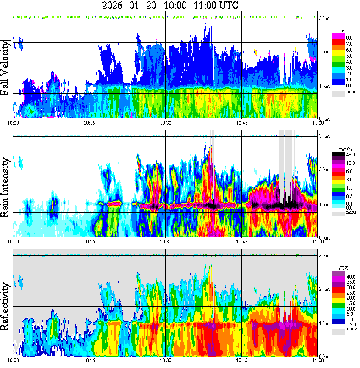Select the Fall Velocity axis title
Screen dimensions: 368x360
coord(6,68)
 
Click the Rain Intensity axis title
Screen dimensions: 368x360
coord(6,187)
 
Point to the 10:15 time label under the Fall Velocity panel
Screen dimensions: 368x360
coord(89,123)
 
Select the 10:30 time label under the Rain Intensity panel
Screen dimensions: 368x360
coord(165,242)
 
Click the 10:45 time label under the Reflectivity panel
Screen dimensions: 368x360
coord(242,360)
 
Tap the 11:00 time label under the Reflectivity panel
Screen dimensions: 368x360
coord(318,360)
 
